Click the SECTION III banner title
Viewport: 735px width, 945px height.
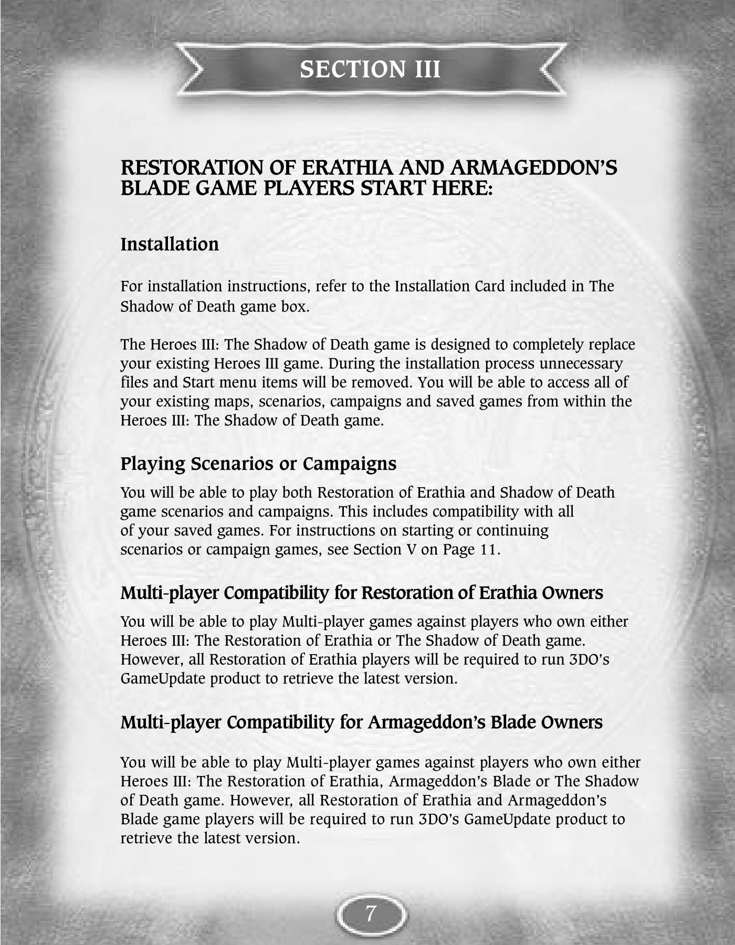[x=370, y=69]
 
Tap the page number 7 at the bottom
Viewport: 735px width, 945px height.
[x=371, y=914]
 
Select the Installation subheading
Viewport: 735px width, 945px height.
[x=170, y=244]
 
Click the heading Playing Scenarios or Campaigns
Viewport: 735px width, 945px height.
[x=258, y=464]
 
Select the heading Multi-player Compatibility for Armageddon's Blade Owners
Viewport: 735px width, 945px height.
[x=361, y=722]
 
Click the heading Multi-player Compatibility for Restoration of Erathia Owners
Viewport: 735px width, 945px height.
[x=361, y=593]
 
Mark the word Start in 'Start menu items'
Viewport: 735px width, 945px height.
[x=196, y=382]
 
